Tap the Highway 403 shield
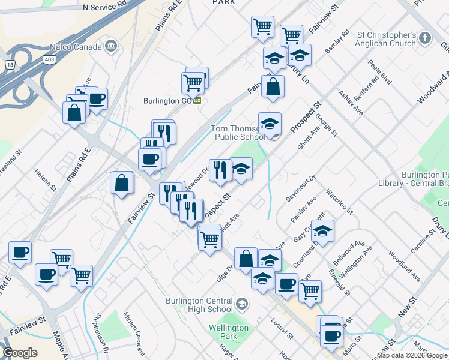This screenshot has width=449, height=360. (49, 58)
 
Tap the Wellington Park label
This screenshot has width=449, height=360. (229, 332)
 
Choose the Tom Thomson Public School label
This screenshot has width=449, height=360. (238, 133)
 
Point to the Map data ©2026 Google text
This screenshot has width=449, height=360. (412, 355)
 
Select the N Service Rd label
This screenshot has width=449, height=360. (105, 7)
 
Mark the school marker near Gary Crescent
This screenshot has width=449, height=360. (322, 232)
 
